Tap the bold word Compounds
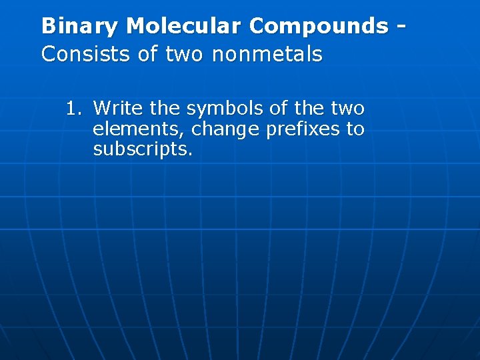(318, 26)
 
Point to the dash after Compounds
(401, 27)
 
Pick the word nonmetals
(267, 53)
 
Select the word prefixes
(302, 129)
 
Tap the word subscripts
(143, 149)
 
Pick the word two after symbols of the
(347, 108)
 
